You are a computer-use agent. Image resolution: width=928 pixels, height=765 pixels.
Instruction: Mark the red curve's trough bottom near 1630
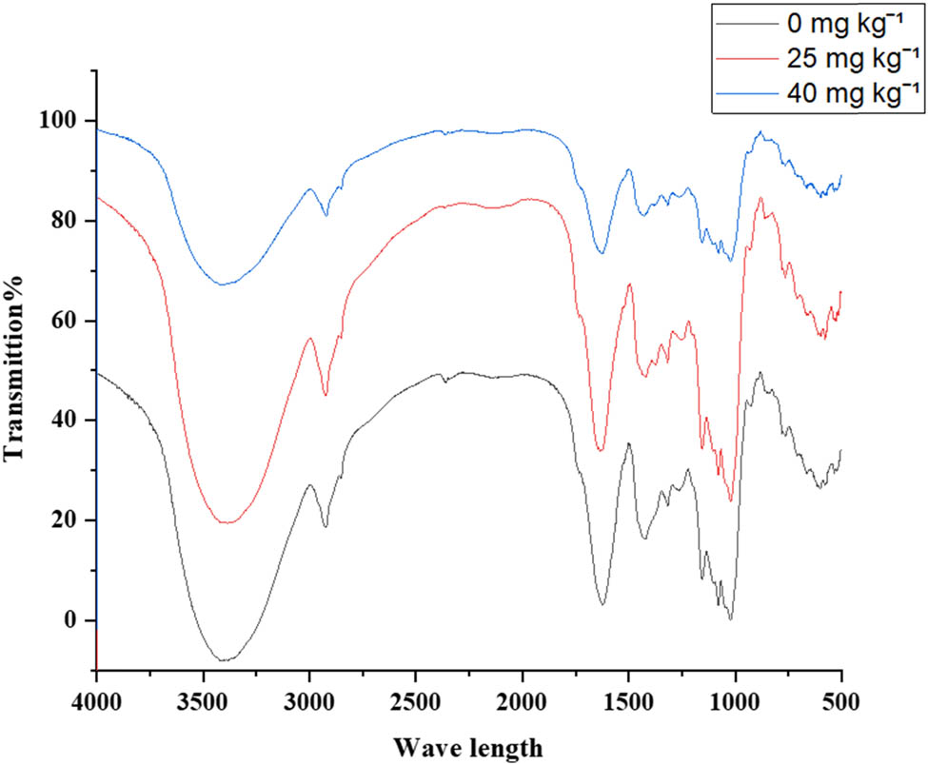(601, 450)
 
